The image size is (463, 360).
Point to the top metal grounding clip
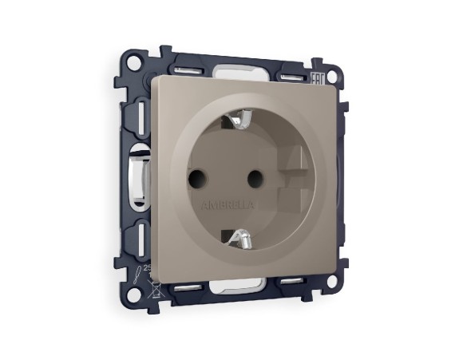(x=239, y=120)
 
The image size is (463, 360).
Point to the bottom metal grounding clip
(x=239, y=236)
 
